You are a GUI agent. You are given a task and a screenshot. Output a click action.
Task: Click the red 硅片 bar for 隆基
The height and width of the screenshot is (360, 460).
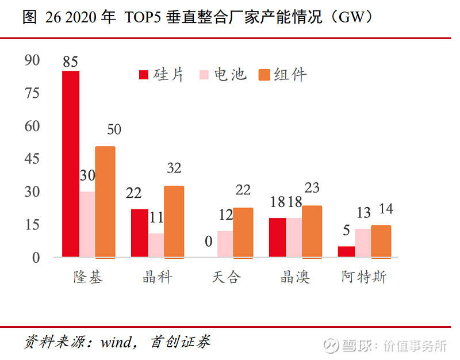point(71,164)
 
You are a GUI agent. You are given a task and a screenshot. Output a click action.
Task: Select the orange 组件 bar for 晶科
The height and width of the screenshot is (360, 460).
point(174,222)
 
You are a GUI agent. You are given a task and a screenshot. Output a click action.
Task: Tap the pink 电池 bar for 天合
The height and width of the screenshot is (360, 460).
point(225,244)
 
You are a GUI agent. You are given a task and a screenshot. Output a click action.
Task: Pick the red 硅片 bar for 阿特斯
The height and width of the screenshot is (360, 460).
point(347,252)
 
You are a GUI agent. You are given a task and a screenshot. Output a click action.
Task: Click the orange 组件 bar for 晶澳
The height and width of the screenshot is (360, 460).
point(312,232)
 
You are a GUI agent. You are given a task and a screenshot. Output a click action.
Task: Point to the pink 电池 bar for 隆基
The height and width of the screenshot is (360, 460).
point(87,224)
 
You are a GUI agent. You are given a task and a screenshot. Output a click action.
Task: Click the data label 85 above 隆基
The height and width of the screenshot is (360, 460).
point(70,62)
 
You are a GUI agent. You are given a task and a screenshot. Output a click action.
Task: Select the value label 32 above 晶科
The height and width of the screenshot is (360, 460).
point(174,168)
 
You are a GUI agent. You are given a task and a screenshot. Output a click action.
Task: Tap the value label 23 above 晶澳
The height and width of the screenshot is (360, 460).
point(312,188)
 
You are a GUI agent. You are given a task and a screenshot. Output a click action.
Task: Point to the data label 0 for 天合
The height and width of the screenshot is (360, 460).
point(209,242)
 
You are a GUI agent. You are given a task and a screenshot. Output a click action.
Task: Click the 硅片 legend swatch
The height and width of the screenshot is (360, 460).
point(144,75)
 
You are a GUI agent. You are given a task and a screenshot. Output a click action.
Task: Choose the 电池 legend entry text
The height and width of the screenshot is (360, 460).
point(231,75)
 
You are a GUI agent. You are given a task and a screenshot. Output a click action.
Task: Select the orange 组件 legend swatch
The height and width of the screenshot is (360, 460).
point(264,75)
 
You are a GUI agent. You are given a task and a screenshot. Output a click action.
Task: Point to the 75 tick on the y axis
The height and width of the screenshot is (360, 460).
point(32,93)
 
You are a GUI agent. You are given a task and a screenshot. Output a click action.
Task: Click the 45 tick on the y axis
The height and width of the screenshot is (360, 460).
point(32,159)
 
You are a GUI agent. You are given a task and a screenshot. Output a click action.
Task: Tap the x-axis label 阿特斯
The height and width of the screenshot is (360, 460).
point(364,277)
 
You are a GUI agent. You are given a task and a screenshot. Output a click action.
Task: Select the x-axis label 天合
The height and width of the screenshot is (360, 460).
point(226,277)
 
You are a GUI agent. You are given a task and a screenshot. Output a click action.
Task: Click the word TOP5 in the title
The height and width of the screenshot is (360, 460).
point(143,17)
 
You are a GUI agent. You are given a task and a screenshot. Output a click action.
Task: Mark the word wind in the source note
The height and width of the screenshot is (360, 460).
point(116,342)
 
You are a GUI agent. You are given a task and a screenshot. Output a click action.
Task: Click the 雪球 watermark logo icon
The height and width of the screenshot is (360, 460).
point(331,346)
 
